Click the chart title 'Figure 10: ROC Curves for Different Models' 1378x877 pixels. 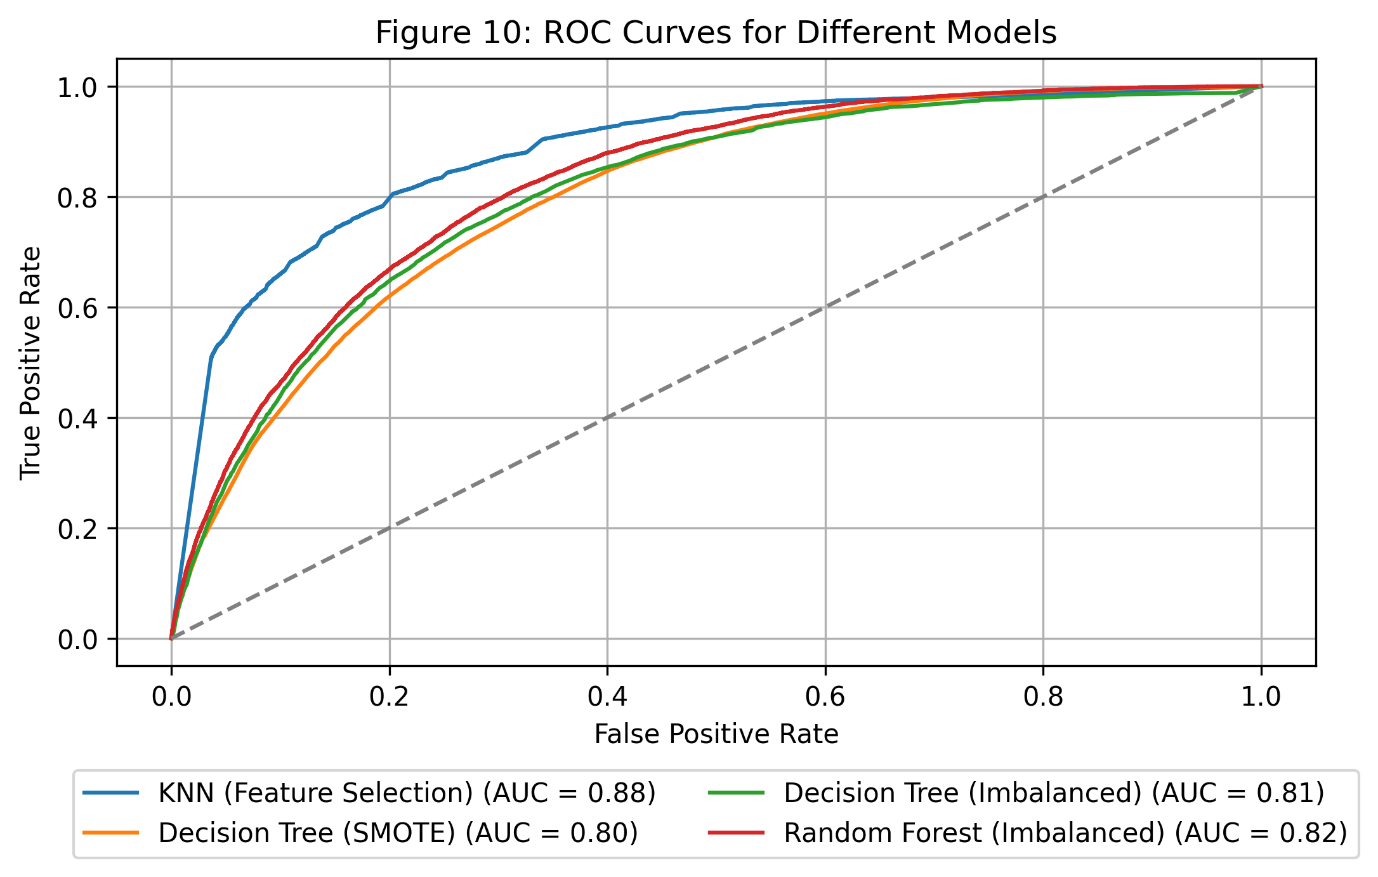pos(716,33)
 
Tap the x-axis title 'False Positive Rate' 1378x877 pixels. pos(716,734)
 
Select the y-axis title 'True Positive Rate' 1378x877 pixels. pos(30,363)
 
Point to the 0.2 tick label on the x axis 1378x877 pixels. pos(389,696)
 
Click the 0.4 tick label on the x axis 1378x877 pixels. pos(607,696)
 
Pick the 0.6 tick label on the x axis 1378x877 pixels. pos(825,696)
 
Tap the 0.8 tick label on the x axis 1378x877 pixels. pos(1043,696)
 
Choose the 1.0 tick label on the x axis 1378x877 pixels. pos(1261,696)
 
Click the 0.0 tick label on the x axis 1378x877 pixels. pos(171,696)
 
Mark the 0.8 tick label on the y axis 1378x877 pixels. pos(78,198)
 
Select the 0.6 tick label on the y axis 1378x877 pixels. pos(78,308)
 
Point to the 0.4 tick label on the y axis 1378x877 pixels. pos(78,419)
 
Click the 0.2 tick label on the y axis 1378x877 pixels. pos(78,529)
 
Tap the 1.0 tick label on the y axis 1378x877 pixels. pos(78,88)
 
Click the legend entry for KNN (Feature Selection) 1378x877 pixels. pos(407,793)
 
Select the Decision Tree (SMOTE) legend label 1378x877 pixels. pos(398,833)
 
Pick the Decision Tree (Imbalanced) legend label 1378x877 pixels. pos(1054,793)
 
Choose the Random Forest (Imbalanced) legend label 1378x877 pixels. pos(1065,833)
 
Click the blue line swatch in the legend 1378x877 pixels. pos(110,793)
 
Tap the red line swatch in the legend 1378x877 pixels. pos(736,833)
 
